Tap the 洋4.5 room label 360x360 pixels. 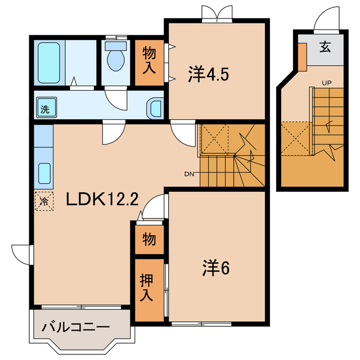(x=208, y=74)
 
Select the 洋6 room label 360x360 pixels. (x=215, y=269)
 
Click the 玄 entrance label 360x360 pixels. (x=326, y=47)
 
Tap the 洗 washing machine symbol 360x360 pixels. (x=44, y=109)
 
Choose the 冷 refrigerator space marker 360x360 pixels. (x=43, y=201)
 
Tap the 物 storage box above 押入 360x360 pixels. (x=148, y=240)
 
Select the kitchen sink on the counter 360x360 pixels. (x=43, y=175)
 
